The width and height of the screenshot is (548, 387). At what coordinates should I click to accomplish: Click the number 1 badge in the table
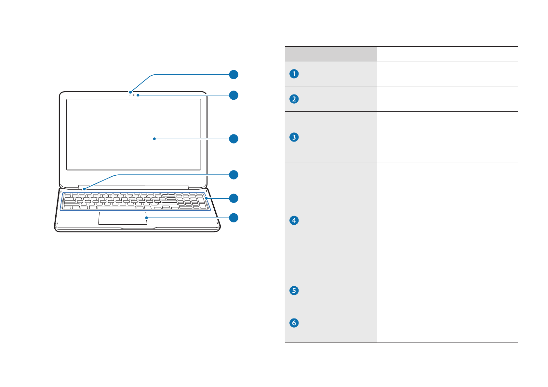coord(294,74)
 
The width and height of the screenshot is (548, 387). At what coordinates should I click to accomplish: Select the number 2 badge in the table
coord(294,99)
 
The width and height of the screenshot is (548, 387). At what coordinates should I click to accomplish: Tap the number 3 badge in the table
coord(294,137)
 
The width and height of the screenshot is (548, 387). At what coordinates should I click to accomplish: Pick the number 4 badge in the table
coord(294,220)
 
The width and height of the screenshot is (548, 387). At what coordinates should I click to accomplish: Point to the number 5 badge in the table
coord(294,291)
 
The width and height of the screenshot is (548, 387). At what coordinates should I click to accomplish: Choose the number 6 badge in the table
coord(294,323)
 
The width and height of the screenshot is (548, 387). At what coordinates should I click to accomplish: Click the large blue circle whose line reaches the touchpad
coord(234,218)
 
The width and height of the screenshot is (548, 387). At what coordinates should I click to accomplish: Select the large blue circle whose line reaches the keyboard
coord(234,198)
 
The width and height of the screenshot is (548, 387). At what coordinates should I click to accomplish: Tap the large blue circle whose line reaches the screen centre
coord(234,139)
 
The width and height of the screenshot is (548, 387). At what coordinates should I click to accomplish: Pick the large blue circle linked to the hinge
coord(234,175)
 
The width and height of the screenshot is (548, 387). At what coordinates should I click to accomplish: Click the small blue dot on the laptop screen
coord(154,139)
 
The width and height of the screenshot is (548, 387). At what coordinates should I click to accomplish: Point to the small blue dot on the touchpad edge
coord(146,218)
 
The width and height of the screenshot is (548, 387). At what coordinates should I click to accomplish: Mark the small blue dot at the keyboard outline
coord(207,198)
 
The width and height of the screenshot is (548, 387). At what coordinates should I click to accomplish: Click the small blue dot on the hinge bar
coord(84,189)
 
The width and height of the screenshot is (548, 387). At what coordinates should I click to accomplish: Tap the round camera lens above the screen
coord(133,95)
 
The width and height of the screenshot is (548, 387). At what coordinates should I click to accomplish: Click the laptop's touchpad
coord(123,218)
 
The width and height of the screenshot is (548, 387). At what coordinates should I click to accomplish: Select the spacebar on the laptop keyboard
coord(116,207)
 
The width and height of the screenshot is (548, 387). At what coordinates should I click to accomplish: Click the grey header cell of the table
coord(331,54)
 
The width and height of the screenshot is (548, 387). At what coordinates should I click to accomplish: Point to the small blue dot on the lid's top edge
coord(130,92)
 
